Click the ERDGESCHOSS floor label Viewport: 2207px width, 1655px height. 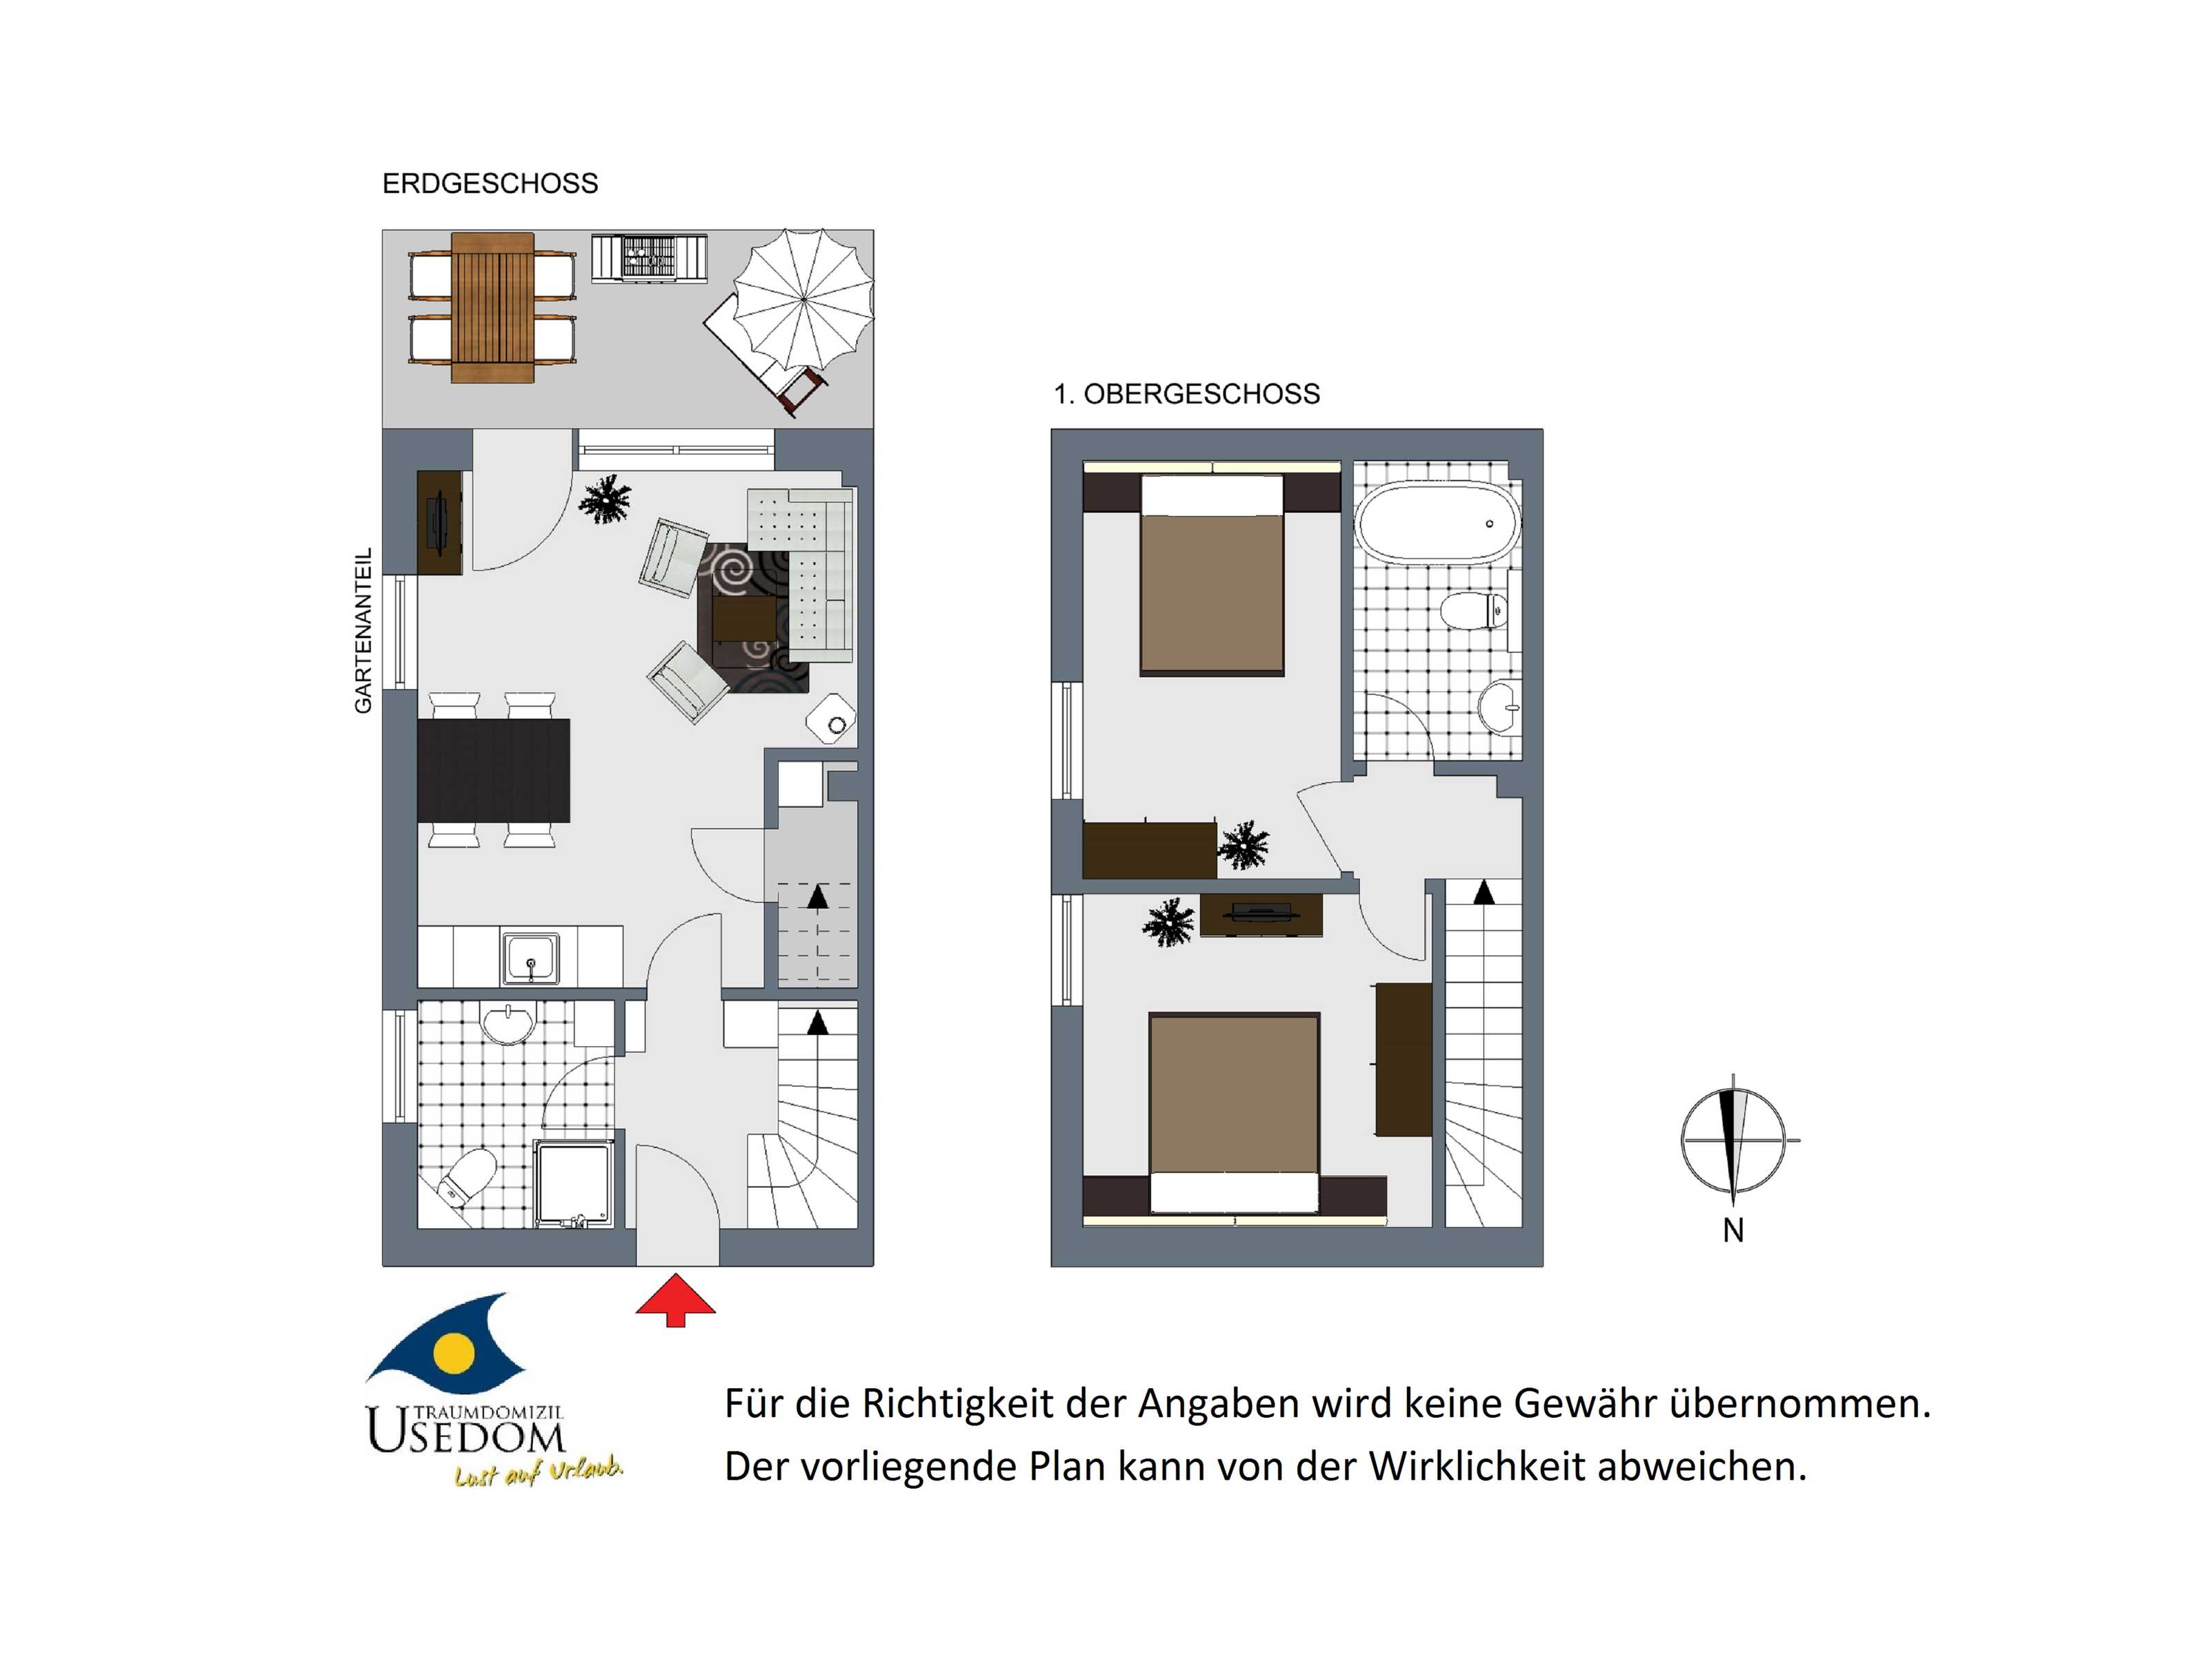click(x=490, y=183)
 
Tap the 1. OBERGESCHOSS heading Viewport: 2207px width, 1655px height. click(x=1186, y=394)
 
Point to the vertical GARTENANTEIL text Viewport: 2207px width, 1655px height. click(x=363, y=630)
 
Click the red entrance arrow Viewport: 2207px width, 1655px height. click(x=675, y=1300)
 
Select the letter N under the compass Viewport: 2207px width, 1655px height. click(x=1733, y=1231)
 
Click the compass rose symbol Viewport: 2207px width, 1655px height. click(x=1734, y=1139)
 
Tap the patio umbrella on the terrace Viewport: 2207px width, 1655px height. click(x=803, y=299)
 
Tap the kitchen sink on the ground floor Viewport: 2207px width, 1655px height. click(x=531, y=959)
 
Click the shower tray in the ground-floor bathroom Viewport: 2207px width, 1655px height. click(x=574, y=1184)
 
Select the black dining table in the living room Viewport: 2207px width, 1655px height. click(x=494, y=770)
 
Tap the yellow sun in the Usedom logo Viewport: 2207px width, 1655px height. click(x=455, y=1351)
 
